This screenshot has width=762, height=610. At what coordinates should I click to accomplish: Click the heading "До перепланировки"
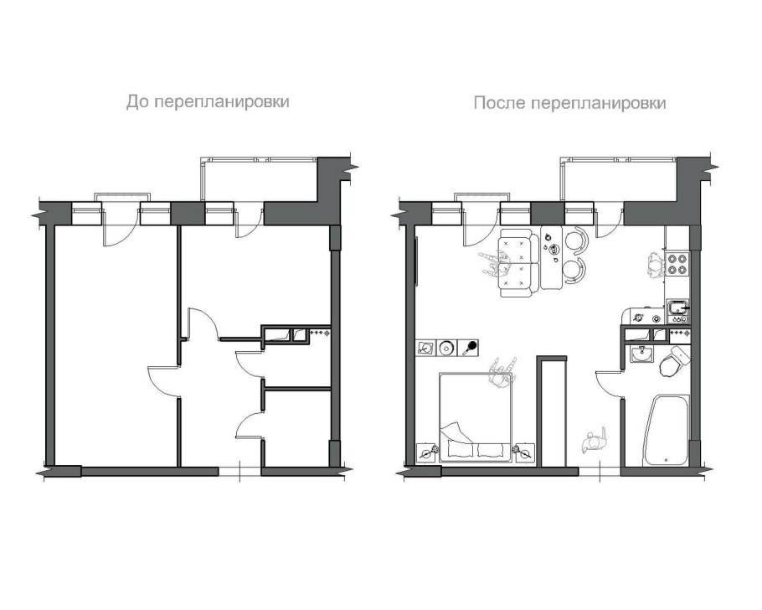[x=208, y=102]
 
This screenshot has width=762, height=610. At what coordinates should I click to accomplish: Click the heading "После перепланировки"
[x=569, y=103]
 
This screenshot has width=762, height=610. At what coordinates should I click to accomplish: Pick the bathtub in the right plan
[x=666, y=430]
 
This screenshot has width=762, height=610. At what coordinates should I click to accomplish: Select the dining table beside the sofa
[x=552, y=258]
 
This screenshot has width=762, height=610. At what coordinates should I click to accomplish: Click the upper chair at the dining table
[x=577, y=240]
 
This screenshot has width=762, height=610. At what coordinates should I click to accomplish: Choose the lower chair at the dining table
[x=575, y=270]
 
